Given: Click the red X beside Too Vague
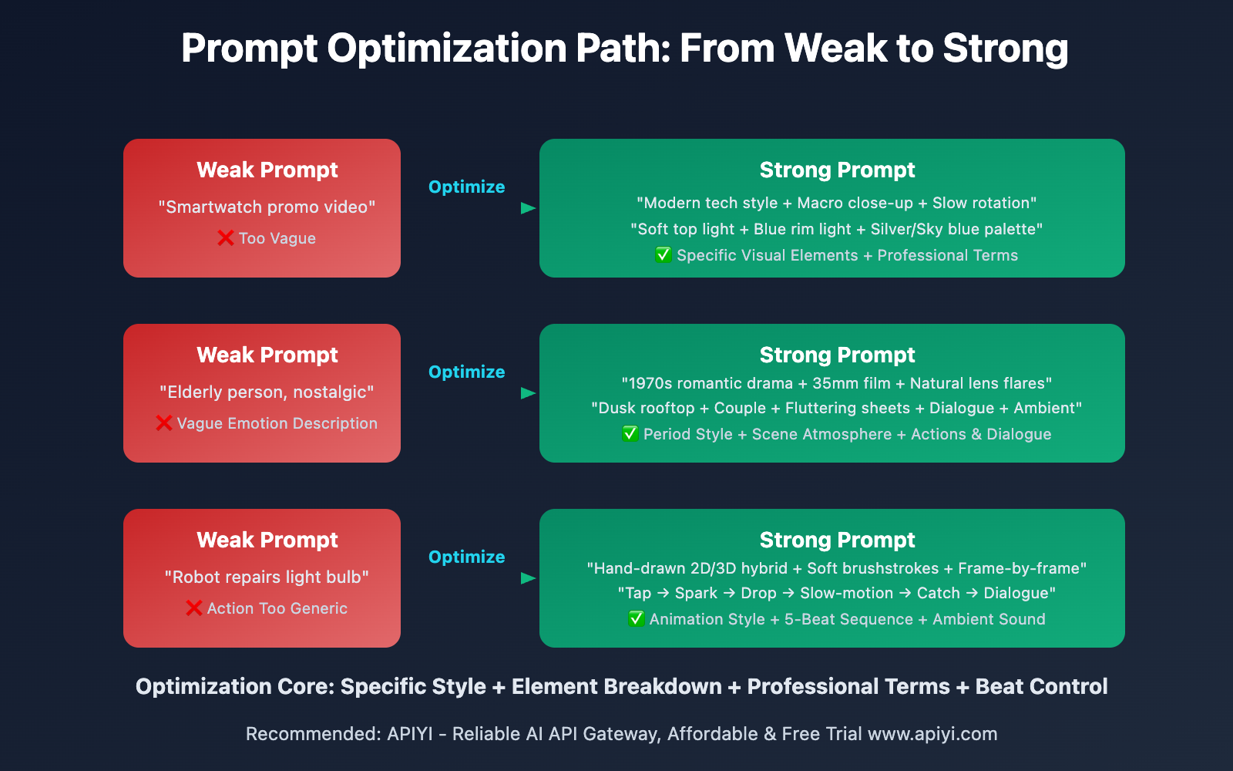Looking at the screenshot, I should pyautogui.click(x=226, y=238).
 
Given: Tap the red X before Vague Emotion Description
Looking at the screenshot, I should pyautogui.click(x=164, y=423).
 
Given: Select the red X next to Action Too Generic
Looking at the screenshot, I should pyautogui.click(x=194, y=608).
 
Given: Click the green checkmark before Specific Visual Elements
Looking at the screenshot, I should pyautogui.click(x=663, y=255).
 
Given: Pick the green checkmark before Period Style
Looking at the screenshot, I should pyautogui.click(x=630, y=434).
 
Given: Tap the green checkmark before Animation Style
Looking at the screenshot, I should pyautogui.click(x=636, y=619).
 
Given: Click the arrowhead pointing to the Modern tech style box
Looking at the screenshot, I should pyautogui.click(x=528, y=208).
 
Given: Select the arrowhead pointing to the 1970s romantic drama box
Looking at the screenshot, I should pyautogui.click(x=528, y=393).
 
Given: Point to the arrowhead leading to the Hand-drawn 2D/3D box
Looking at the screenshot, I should pyautogui.click(x=528, y=578).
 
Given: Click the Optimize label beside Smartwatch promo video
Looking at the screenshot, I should pyautogui.click(x=466, y=187).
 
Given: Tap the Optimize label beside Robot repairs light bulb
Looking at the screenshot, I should pyautogui.click(x=466, y=557).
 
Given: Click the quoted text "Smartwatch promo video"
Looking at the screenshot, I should pyautogui.click(x=267, y=207).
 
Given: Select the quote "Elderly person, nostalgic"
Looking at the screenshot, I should pyautogui.click(x=267, y=392).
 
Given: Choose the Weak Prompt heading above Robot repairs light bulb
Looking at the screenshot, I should pyautogui.click(x=267, y=540).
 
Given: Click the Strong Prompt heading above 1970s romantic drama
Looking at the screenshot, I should pyautogui.click(x=837, y=355).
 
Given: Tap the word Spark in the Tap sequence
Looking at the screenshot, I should pyautogui.click(x=696, y=593).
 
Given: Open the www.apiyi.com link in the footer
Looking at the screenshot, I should pyautogui.click(x=932, y=734).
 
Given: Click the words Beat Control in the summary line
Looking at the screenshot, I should pyautogui.click(x=1041, y=686).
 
